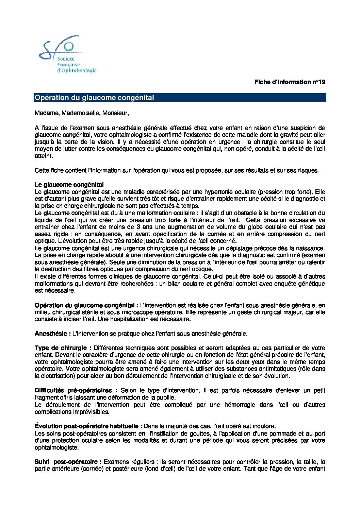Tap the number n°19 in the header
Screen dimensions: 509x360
tap(318, 82)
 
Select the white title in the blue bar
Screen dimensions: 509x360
tap(94, 98)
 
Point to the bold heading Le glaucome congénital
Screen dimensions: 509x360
tap(69, 185)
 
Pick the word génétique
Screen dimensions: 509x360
tap(311, 284)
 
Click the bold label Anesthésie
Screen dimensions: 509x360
tap(51, 334)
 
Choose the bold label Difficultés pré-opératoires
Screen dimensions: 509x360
tap(76, 390)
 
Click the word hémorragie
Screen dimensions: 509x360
tap(241, 405)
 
